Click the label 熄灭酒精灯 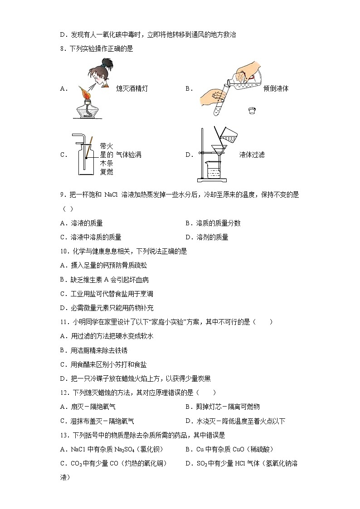[x=132, y=89]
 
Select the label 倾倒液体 [x=276, y=89]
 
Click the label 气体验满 [x=129, y=155]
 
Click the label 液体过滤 [x=252, y=155]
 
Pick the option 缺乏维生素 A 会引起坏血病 [x=100, y=280]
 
